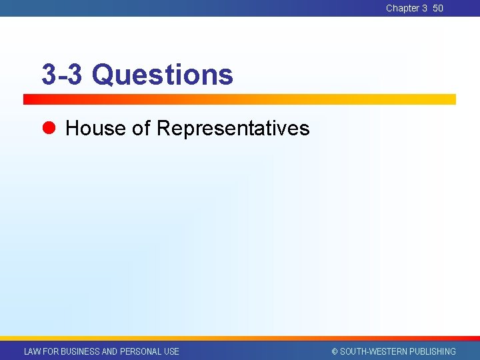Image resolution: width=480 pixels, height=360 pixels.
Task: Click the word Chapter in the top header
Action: tap(403, 8)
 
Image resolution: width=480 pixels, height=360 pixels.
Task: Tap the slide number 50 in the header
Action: tap(438, 8)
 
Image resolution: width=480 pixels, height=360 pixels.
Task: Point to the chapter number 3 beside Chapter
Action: tap(425, 8)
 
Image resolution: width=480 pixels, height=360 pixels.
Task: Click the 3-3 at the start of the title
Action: tap(61, 75)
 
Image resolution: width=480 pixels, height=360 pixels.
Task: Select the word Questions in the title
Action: tap(163, 75)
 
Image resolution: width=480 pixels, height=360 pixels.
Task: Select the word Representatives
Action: tap(233, 128)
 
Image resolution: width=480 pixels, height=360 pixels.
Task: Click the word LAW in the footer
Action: tap(32, 351)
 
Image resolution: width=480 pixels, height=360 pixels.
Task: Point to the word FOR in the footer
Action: tap(51, 351)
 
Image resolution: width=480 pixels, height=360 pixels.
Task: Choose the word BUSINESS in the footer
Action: tap(80, 351)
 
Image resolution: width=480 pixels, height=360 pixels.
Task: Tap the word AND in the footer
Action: tap(109, 351)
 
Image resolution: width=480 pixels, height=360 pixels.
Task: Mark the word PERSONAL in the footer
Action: tap(140, 351)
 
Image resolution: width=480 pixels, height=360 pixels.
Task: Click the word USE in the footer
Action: tap(171, 351)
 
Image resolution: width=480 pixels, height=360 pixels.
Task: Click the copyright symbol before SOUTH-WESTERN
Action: tap(335, 351)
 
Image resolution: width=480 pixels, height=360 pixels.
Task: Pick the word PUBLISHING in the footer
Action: tap(433, 351)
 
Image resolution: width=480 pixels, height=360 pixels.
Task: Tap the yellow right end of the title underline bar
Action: tap(447, 99)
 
